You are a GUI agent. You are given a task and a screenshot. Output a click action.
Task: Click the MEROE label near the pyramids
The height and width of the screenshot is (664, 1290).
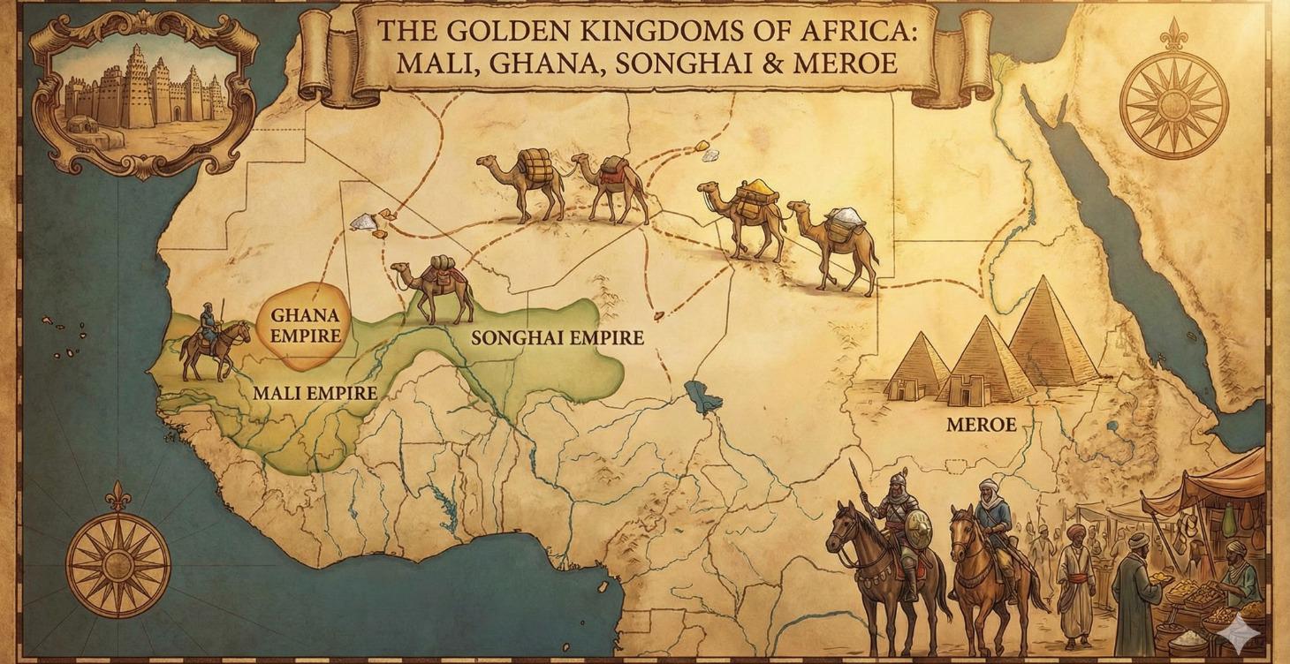(x=981, y=425)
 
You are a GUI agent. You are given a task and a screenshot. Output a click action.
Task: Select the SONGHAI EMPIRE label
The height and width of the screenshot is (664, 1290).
(x=557, y=337)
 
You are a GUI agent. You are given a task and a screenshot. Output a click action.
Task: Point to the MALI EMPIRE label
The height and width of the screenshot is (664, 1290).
(x=315, y=393)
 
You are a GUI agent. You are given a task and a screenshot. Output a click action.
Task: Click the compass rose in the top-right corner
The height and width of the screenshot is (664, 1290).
(x=1173, y=104)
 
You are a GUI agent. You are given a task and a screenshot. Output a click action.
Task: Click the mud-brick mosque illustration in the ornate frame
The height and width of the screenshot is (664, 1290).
(x=141, y=88)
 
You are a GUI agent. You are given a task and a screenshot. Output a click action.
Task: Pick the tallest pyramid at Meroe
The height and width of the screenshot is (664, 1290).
(x=1051, y=336)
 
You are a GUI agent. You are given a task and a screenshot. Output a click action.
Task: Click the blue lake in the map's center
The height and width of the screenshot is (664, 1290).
(x=703, y=399)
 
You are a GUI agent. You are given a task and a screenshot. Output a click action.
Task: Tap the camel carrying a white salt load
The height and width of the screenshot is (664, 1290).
(x=835, y=243)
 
